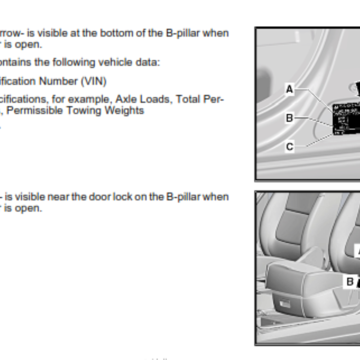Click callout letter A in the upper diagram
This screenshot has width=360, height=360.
tap(289, 89)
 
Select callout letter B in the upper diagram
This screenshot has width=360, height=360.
tap(289, 118)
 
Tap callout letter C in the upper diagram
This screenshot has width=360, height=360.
tap(289, 147)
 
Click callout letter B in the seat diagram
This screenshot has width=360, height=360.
tap(350, 282)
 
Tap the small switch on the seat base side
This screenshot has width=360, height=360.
tap(285, 304)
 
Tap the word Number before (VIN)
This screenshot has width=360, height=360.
tap(58, 82)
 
